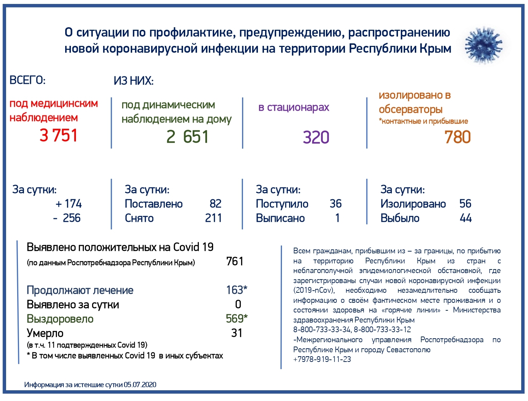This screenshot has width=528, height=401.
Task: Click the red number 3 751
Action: [59, 135]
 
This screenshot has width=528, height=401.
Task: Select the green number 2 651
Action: [187, 137]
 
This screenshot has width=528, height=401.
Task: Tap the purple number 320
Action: [316, 137]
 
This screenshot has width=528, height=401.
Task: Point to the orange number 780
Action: [457, 137]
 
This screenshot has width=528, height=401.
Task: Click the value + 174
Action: [69, 204]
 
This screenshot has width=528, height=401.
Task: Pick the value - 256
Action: [67, 218]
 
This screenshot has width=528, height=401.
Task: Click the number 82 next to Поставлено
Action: [215, 204]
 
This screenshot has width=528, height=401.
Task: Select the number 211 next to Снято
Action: [213, 218]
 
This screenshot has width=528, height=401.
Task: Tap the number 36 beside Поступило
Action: [336, 204]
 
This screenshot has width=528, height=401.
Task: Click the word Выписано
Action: [280, 218]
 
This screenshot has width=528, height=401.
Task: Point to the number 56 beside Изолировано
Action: [465, 204]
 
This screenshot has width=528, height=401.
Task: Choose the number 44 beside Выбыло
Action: [466, 218]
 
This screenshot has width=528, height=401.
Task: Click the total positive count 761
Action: [235, 261]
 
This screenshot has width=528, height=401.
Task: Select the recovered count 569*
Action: [236, 319]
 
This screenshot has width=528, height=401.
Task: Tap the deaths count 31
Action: [237, 333]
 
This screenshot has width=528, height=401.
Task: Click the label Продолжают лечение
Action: [80, 290]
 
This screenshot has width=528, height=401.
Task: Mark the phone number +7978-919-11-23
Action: [322, 359]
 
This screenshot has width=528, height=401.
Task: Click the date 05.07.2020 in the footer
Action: [140, 385]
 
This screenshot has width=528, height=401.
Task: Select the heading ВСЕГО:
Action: [28, 80]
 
